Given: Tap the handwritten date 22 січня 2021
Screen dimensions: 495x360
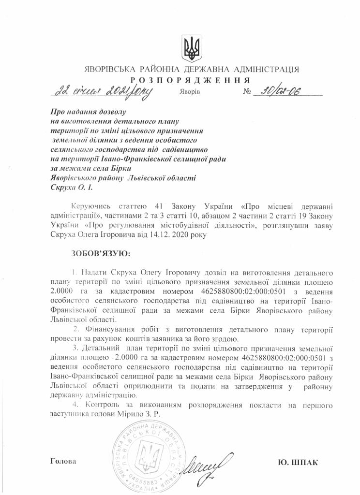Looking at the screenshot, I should point(103,91).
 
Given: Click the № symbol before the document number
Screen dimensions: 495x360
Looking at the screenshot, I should point(249,91).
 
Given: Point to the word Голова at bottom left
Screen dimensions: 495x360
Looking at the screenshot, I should point(63,461).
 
